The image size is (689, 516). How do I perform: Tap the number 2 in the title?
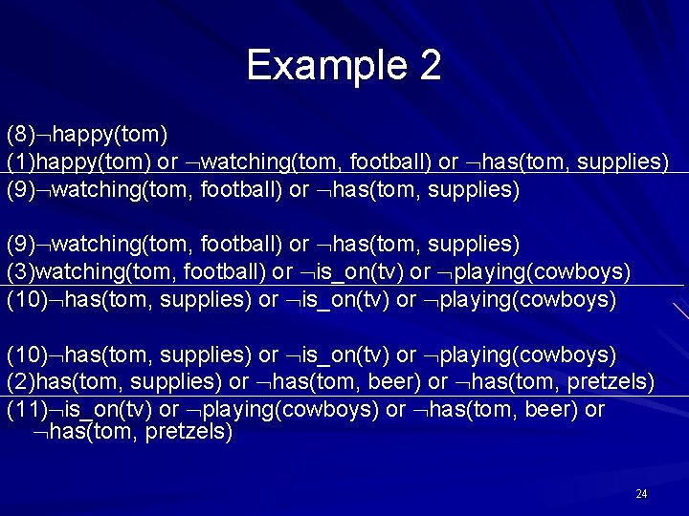point(429,65)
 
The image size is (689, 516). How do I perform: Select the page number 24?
point(641,494)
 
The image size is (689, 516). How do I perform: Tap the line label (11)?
point(27,410)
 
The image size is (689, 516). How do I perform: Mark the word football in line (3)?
point(221,272)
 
